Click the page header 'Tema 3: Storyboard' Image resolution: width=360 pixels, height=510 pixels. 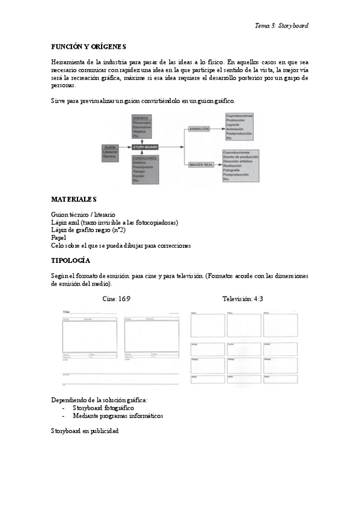[281, 26]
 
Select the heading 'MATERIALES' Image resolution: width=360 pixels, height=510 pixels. [74, 198]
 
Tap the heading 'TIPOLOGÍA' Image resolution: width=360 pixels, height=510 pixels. [70, 260]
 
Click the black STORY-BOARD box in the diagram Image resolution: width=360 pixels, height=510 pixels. [144, 147]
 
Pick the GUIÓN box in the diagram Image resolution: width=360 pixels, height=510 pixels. [111, 151]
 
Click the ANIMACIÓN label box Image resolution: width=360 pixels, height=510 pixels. [199, 129]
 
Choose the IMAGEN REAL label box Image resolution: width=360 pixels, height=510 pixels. [201, 164]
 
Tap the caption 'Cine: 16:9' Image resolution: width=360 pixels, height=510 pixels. [117, 298]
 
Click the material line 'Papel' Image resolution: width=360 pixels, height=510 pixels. [58, 238]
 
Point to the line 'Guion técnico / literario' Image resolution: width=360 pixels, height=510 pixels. [84, 215]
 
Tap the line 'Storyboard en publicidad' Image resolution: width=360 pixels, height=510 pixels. [85, 431]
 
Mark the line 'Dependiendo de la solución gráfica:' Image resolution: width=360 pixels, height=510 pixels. [99, 400]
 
